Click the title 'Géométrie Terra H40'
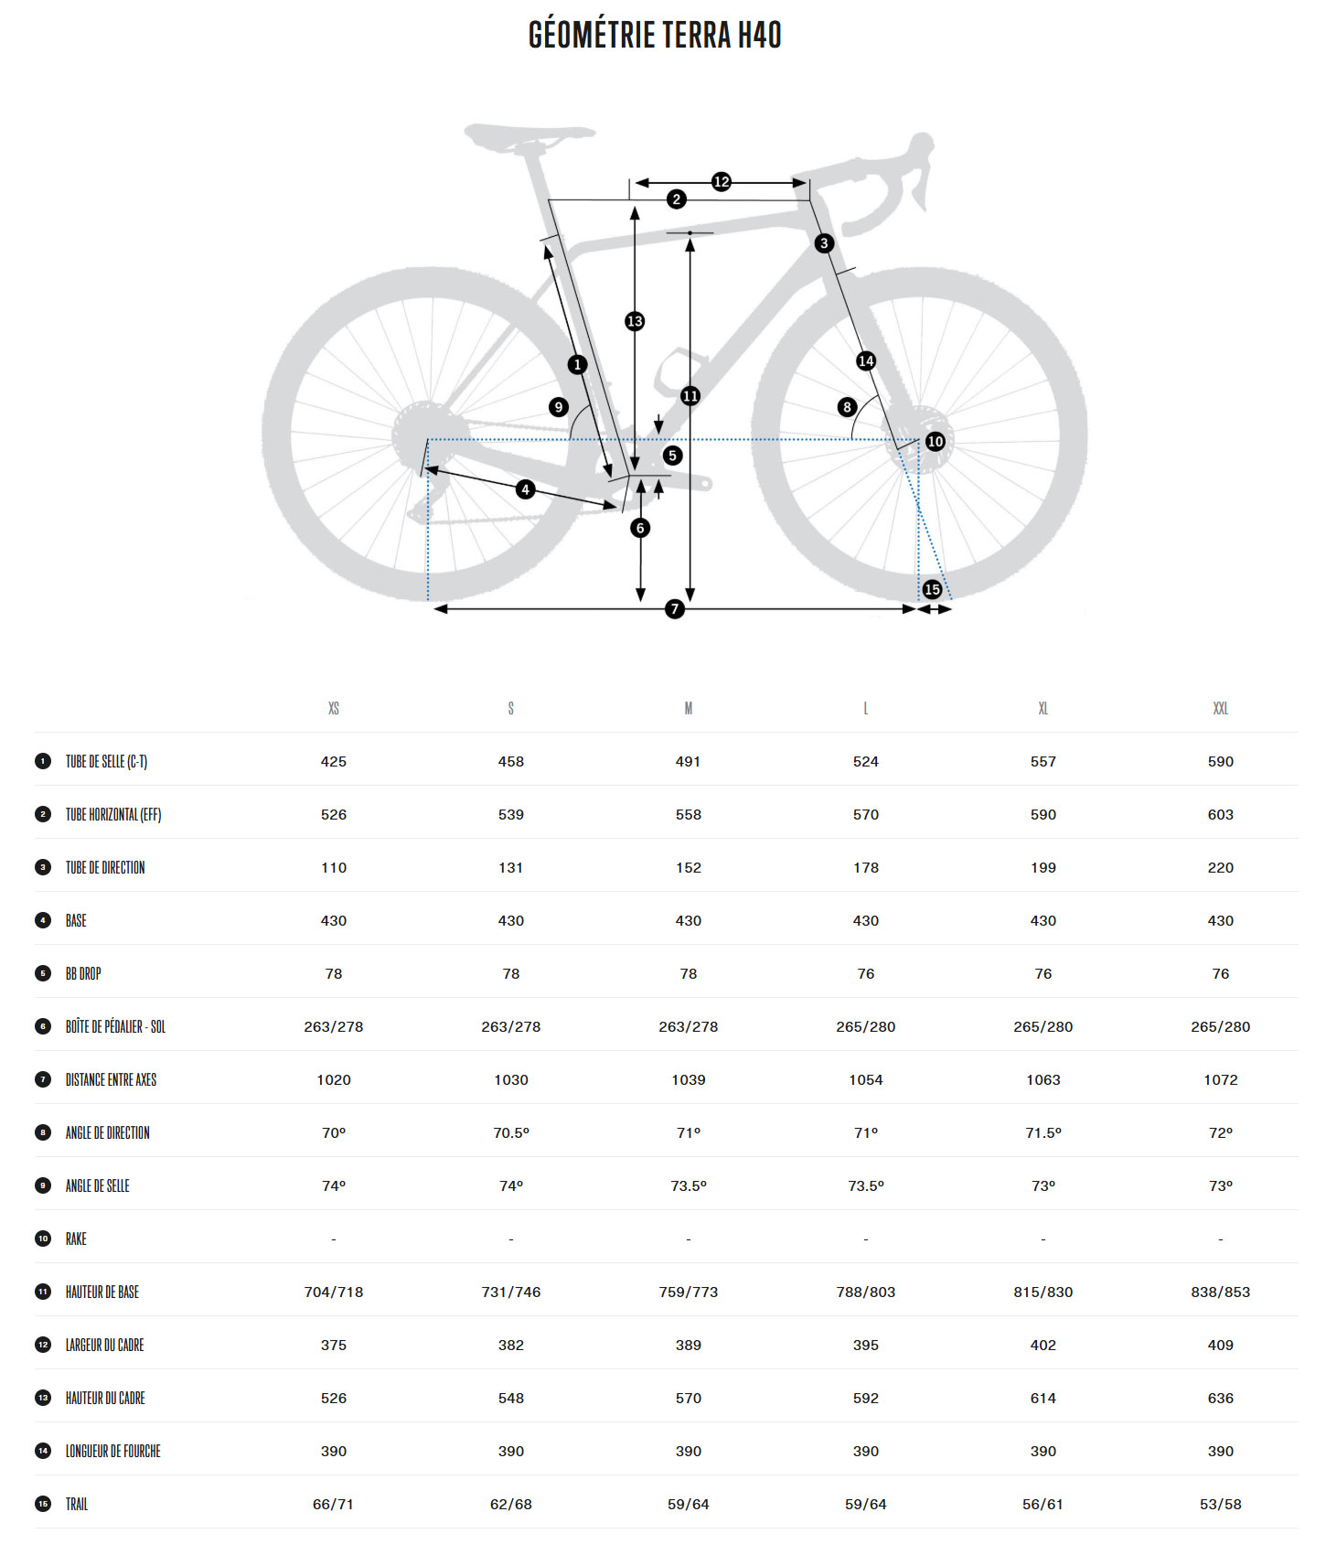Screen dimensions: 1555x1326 pos(655,36)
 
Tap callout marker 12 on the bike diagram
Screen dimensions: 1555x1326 pos(721,182)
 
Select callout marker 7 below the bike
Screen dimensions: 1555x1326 pos(675,608)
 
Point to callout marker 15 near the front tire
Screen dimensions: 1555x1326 pos(932,589)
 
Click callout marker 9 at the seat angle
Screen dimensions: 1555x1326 pos(559,407)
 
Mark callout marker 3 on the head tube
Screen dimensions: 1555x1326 pos(824,243)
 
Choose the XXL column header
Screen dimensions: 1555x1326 pos(1220,709)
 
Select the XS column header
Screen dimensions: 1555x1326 pos(334,709)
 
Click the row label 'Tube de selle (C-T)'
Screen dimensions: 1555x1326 pos(106,762)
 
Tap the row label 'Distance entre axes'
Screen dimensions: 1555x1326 pos(111,1080)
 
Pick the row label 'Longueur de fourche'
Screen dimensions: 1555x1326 pos(112,1452)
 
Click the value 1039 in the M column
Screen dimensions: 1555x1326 pos(688,1080)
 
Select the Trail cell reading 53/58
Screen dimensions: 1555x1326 pos(1220,1505)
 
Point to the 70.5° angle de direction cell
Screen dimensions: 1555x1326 pos(510,1133)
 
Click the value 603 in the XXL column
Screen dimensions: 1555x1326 pos(1220,815)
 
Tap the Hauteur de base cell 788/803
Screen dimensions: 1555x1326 pos(865,1292)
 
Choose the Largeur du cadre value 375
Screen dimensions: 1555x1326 pos(334,1346)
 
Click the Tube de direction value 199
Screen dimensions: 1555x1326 pos(1043,868)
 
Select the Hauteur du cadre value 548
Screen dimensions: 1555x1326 pos(510,1399)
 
